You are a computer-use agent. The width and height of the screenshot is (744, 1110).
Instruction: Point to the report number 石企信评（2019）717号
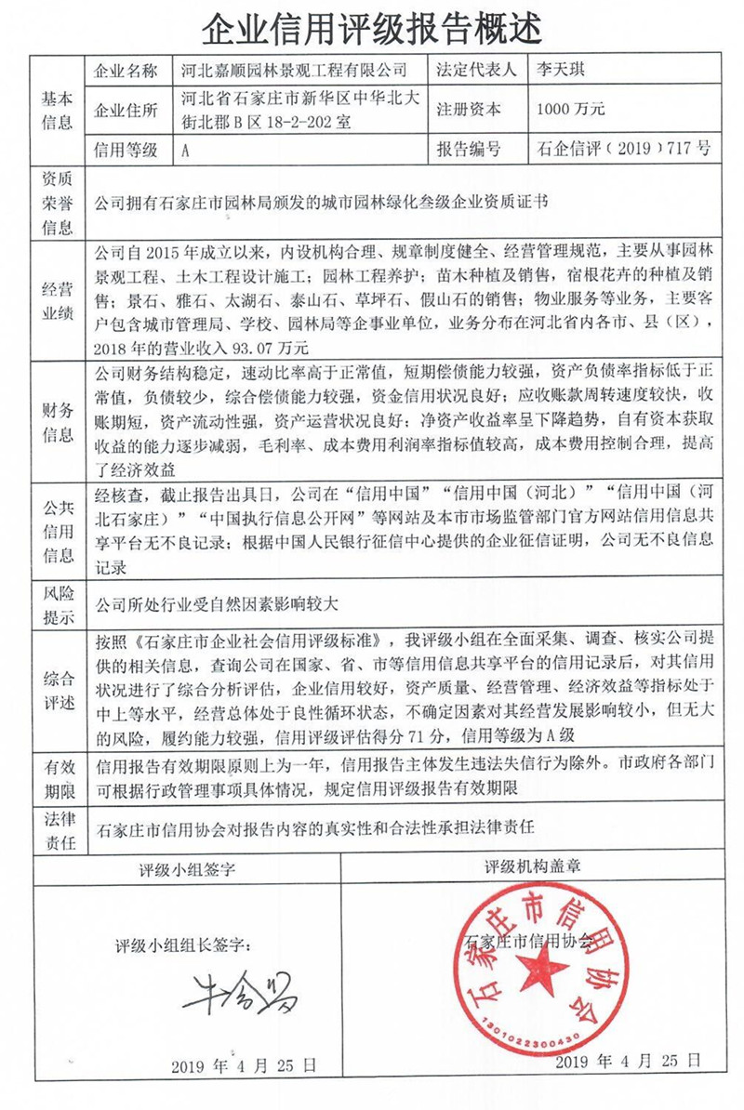[618, 149]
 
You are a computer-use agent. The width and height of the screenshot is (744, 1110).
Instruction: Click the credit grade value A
[188, 149]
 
